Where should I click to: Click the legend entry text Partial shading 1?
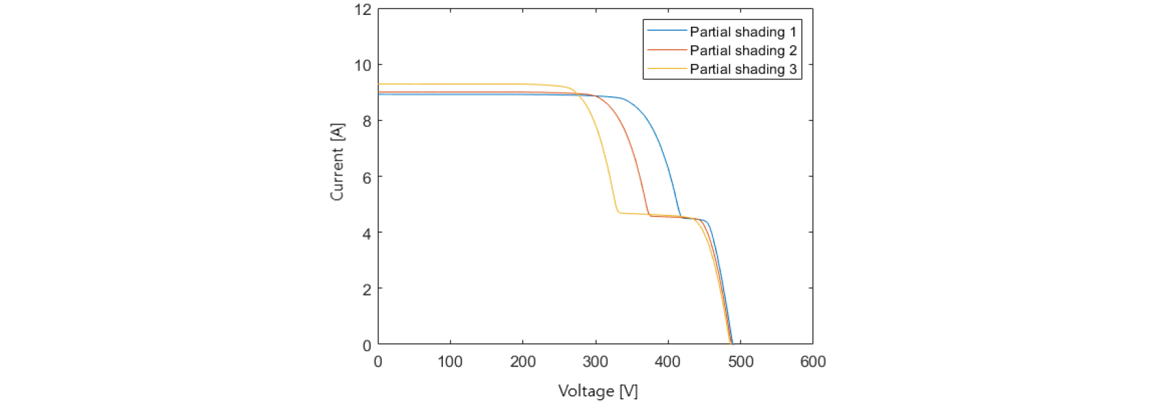(743, 32)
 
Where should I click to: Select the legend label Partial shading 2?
(743, 51)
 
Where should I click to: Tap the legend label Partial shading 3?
(743, 70)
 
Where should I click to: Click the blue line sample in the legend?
(667, 31)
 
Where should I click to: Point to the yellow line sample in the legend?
(667, 69)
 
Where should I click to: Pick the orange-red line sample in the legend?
(667, 50)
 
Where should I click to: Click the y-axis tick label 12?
(363, 10)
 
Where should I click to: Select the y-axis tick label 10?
(363, 65)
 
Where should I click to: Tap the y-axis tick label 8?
(367, 121)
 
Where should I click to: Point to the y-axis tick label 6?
(367, 177)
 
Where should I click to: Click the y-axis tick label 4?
(367, 233)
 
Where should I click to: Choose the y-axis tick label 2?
(367, 289)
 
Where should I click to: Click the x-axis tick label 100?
(450, 362)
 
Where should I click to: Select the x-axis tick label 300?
(595, 362)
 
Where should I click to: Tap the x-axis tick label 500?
(740, 362)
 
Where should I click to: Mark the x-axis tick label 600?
(813, 362)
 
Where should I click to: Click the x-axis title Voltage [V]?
(598, 391)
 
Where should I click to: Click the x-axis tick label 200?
(523, 362)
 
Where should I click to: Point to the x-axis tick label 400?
(667, 362)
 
